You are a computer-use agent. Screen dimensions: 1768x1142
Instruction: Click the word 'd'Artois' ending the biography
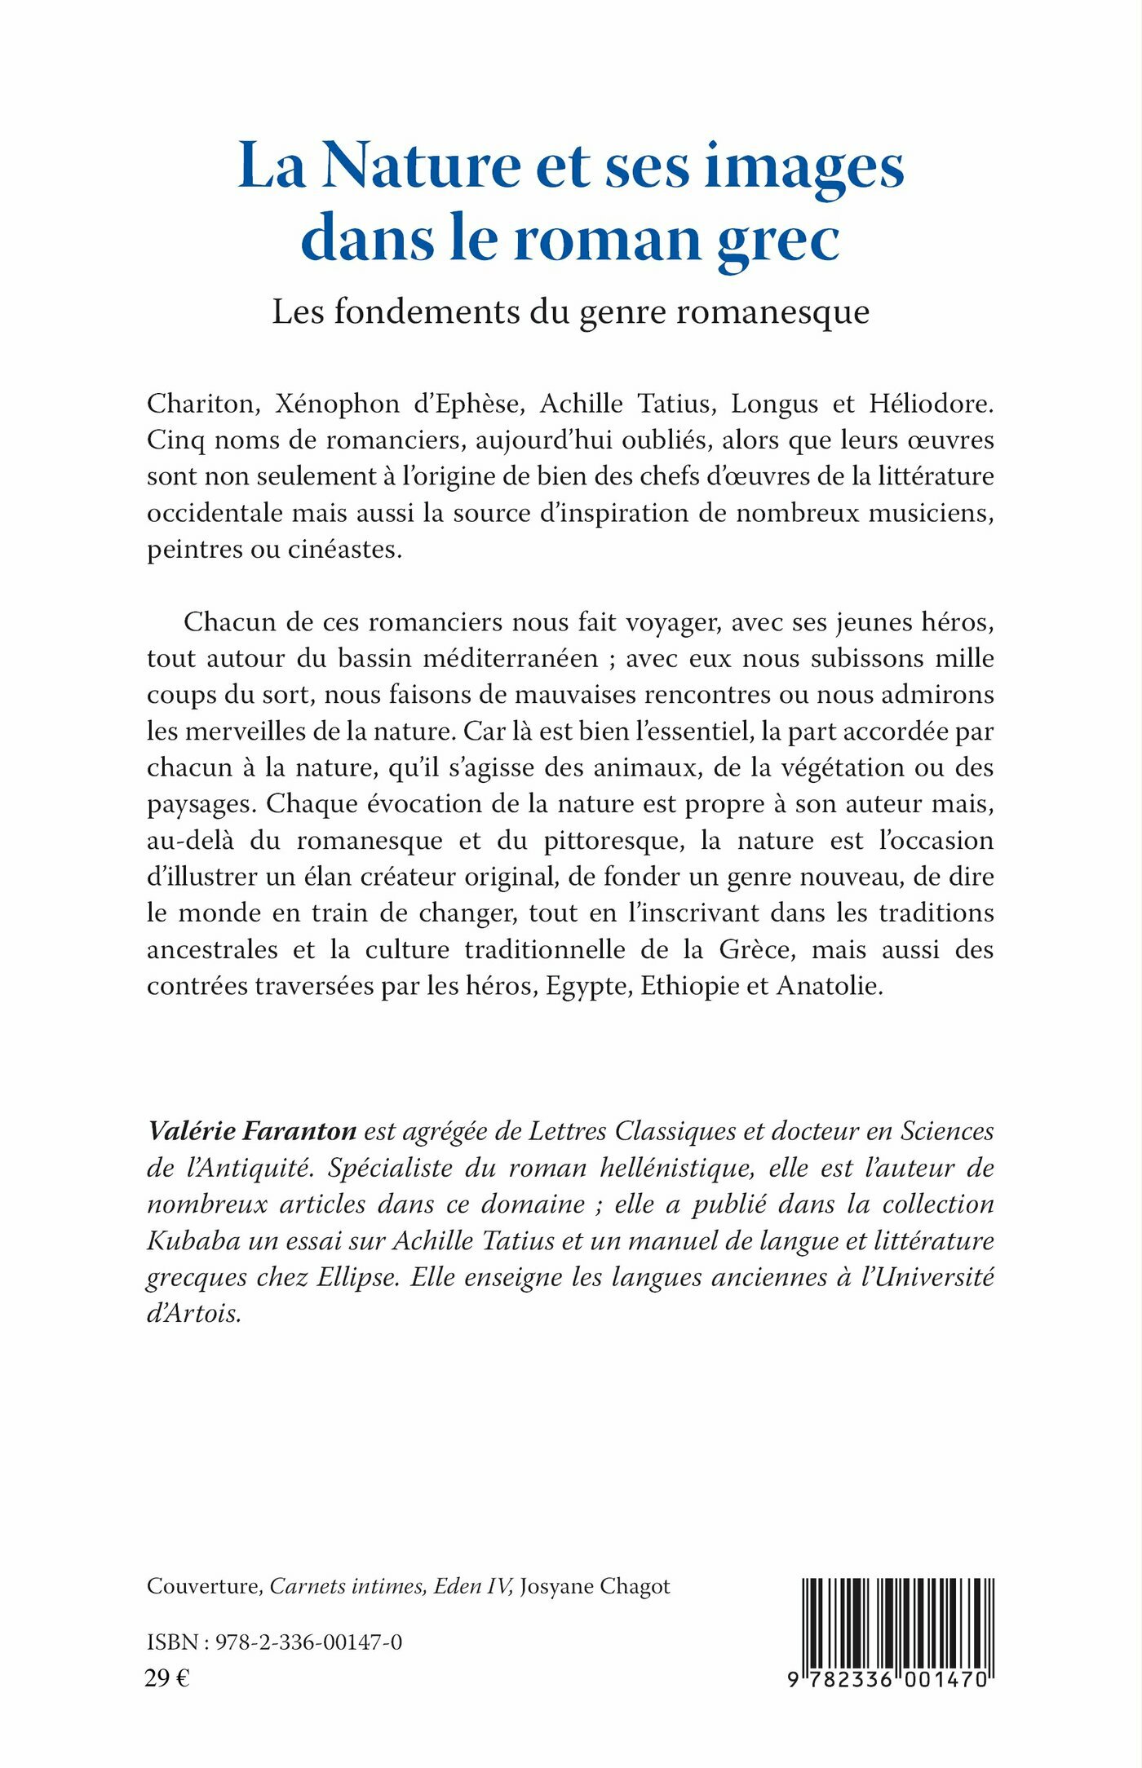click(x=194, y=1314)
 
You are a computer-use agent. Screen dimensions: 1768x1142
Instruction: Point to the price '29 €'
click(x=167, y=1679)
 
